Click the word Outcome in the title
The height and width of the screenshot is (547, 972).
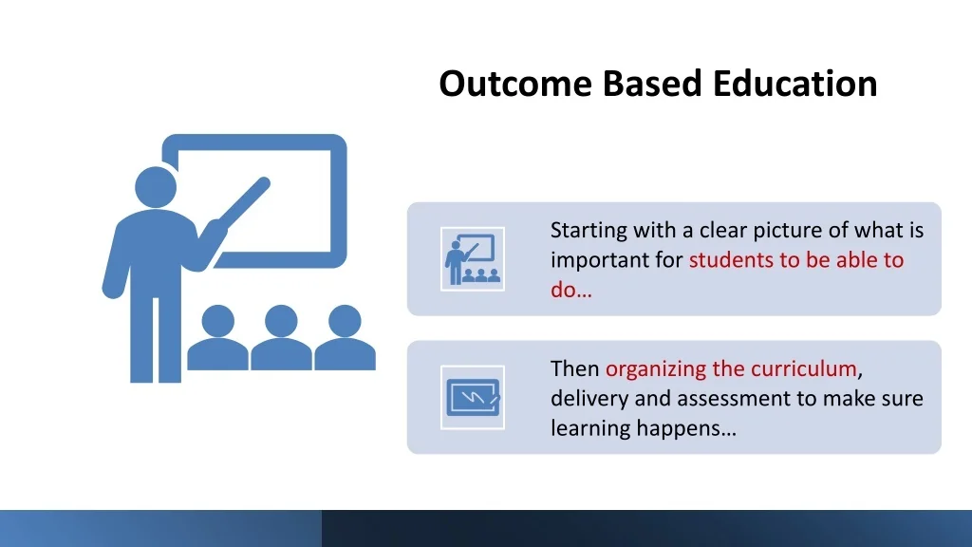click(x=515, y=84)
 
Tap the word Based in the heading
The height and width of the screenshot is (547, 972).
click(x=652, y=84)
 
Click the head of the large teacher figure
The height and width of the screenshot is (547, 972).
click(x=156, y=187)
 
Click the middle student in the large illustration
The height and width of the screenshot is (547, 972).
click(x=281, y=338)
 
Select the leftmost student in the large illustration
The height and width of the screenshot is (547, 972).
click(x=218, y=338)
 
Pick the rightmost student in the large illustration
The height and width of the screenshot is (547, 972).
click(x=345, y=338)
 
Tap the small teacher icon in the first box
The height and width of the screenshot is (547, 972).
click(x=473, y=258)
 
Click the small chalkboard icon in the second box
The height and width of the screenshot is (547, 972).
click(x=473, y=397)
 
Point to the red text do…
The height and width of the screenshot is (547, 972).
click(x=570, y=290)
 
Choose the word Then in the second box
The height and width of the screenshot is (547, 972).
click(x=574, y=369)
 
